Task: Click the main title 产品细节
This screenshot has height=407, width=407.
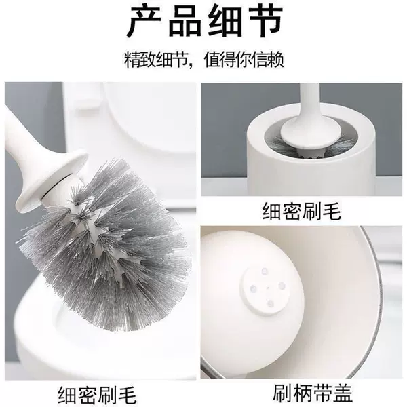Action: coord(205,21)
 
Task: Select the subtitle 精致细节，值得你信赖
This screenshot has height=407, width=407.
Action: coord(204,60)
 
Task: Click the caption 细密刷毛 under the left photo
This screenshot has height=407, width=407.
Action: coord(97,395)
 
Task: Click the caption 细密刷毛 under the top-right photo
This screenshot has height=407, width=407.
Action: coord(301,211)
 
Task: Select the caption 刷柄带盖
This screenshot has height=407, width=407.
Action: coord(313,393)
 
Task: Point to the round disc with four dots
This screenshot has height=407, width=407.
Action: coord(267,287)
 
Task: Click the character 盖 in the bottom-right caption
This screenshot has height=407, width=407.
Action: coord(343,393)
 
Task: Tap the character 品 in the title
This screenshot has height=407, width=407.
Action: coord(185,21)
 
